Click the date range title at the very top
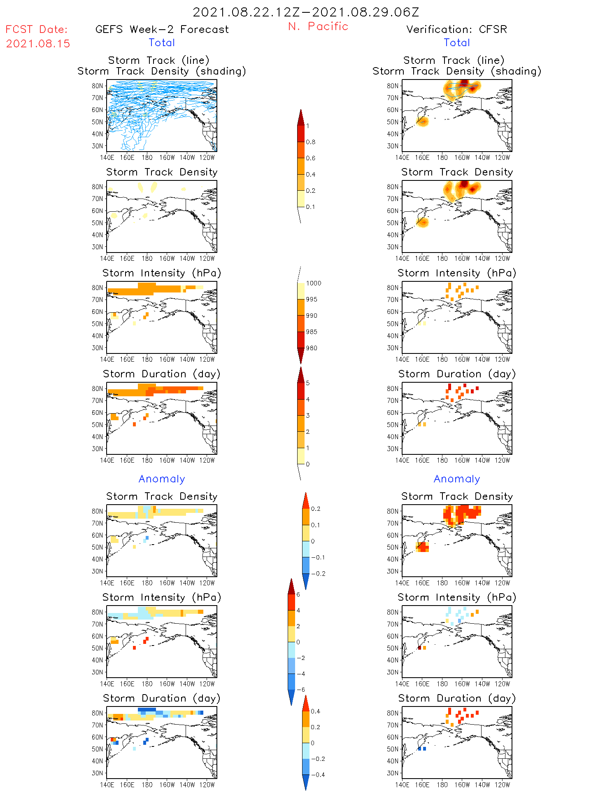(x=306, y=12)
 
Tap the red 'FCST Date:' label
(x=37, y=29)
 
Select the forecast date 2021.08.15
(x=38, y=44)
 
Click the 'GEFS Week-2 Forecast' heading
(x=162, y=29)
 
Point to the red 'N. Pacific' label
(x=318, y=26)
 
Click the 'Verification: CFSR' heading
(x=456, y=29)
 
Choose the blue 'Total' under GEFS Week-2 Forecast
(x=162, y=42)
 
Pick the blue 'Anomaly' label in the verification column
(x=457, y=479)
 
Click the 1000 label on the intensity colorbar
(x=313, y=283)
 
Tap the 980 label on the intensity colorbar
(x=312, y=348)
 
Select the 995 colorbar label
(x=312, y=299)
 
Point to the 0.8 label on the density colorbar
(x=311, y=142)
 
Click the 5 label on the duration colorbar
(x=308, y=383)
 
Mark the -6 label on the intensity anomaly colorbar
(x=300, y=690)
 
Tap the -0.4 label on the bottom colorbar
(x=317, y=774)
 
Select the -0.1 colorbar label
(x=317, y=557)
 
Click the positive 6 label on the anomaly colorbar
(x=298, y=594)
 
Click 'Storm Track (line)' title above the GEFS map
(x=159, y=60)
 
